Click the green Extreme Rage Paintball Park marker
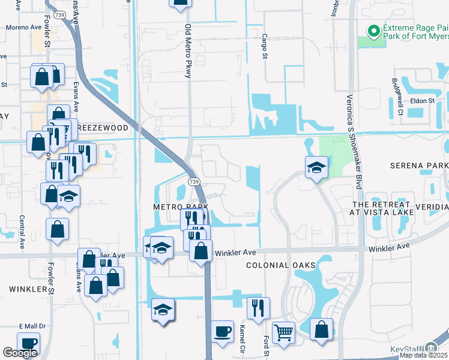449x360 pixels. [373, 30]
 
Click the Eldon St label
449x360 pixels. [422, 101]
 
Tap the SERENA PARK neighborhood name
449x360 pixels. [419, 165]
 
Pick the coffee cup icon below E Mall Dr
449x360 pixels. [28, 343]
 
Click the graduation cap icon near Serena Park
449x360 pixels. [316, 166]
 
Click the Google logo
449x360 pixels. [20, 353]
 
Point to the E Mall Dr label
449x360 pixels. [28, 326]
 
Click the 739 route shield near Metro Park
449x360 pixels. [193, 181]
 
